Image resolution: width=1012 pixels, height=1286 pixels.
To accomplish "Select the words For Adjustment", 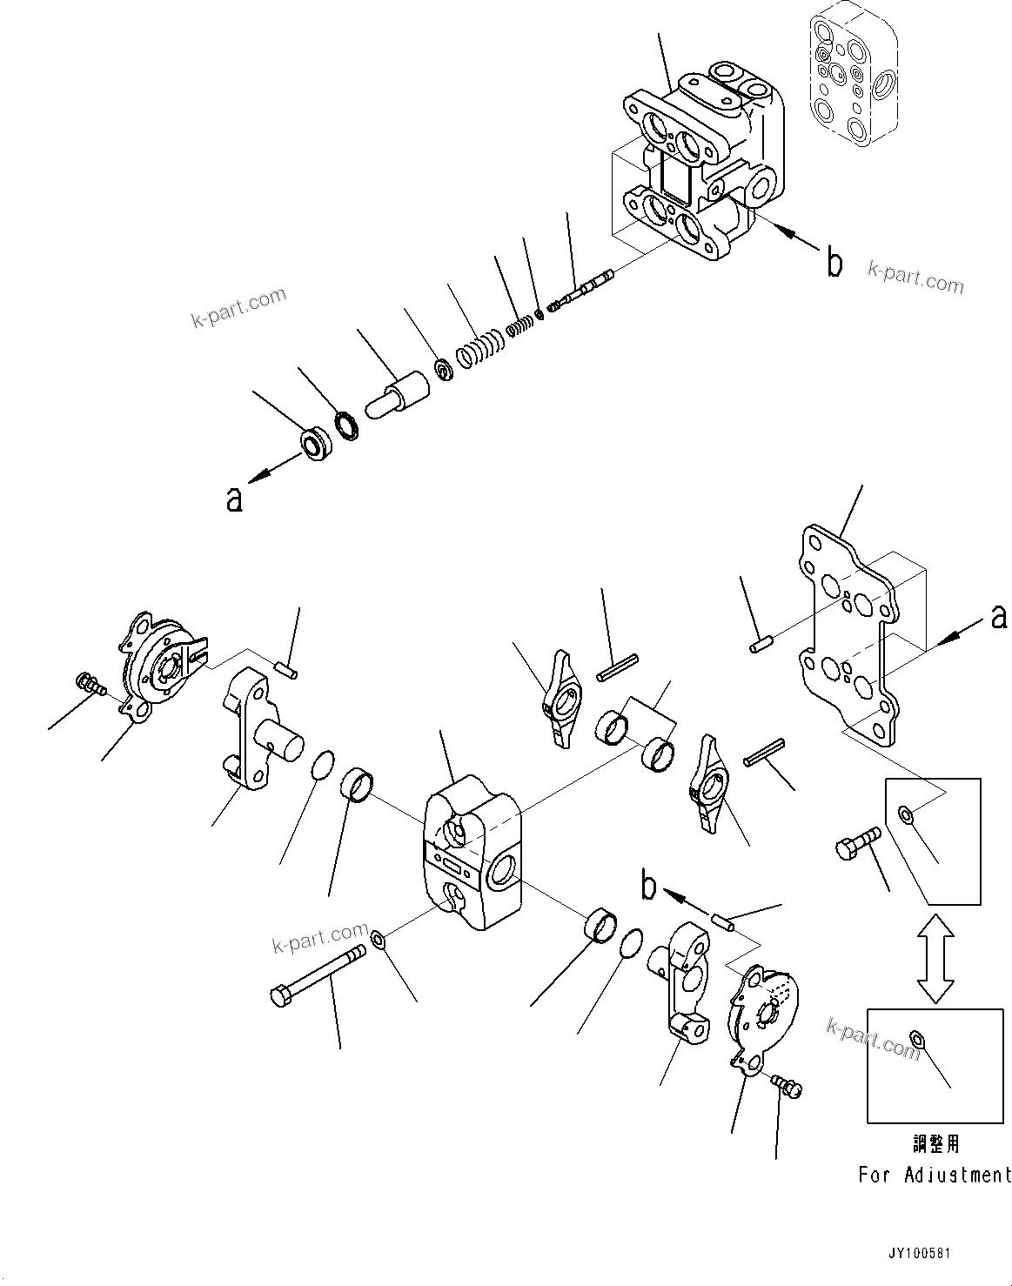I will [935, 1175].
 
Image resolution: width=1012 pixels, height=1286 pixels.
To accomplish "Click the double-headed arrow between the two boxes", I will [935, 957].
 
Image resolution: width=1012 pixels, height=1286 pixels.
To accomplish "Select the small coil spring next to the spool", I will [519, 325].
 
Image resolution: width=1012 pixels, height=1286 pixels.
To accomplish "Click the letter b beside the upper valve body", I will [834, 262].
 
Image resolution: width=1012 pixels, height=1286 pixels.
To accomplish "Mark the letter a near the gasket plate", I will [998, 616].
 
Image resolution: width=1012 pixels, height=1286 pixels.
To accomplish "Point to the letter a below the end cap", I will [233, 499].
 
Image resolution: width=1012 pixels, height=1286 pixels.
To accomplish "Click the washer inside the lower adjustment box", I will [915, 1036].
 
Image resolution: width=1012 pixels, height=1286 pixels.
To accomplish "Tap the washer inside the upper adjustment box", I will [905, 814].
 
